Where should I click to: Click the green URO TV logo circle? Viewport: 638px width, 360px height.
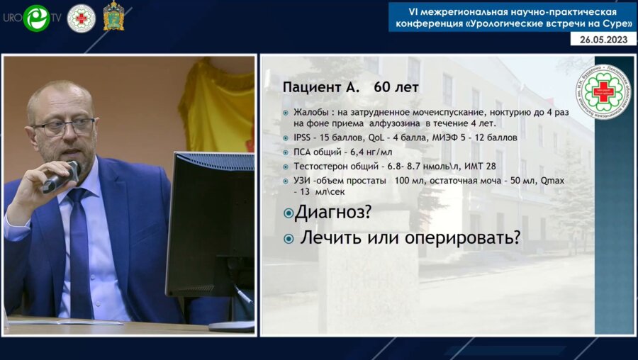pos(36,18)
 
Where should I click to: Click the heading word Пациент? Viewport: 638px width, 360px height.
pos(315,89)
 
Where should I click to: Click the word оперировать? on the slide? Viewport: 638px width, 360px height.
pos(463,238)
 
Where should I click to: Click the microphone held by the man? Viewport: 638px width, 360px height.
pos(61,176)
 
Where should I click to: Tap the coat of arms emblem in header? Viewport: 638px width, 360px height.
pos(113,17)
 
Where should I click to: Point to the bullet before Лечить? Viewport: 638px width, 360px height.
pos(289,239)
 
